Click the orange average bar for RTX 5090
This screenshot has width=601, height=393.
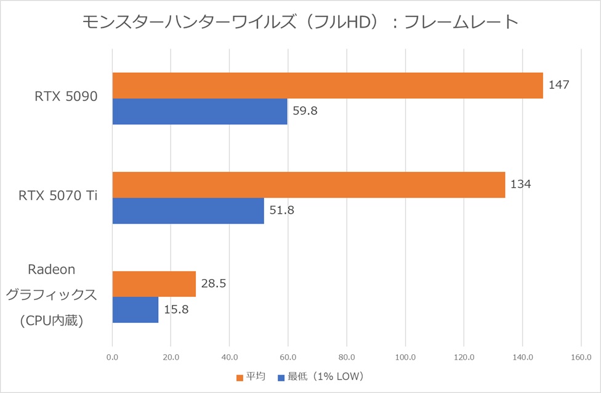(x=328, y=86)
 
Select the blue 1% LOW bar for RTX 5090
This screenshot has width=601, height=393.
(x=200, y=111)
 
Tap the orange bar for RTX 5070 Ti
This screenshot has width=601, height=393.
(x=309, y=185)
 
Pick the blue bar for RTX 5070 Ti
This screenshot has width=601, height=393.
(x=188, y=211)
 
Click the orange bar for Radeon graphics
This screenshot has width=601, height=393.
(x=154, y=284)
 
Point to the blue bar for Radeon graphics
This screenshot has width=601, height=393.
(x=135, y=310)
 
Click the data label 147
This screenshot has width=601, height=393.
(x=559, y=84)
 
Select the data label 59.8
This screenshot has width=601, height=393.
(x=304, y=111)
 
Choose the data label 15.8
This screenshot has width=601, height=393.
(x=175, y=310)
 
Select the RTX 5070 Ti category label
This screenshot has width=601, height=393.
(x=58, y=197)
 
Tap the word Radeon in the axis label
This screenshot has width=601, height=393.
(x=52, y=269)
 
